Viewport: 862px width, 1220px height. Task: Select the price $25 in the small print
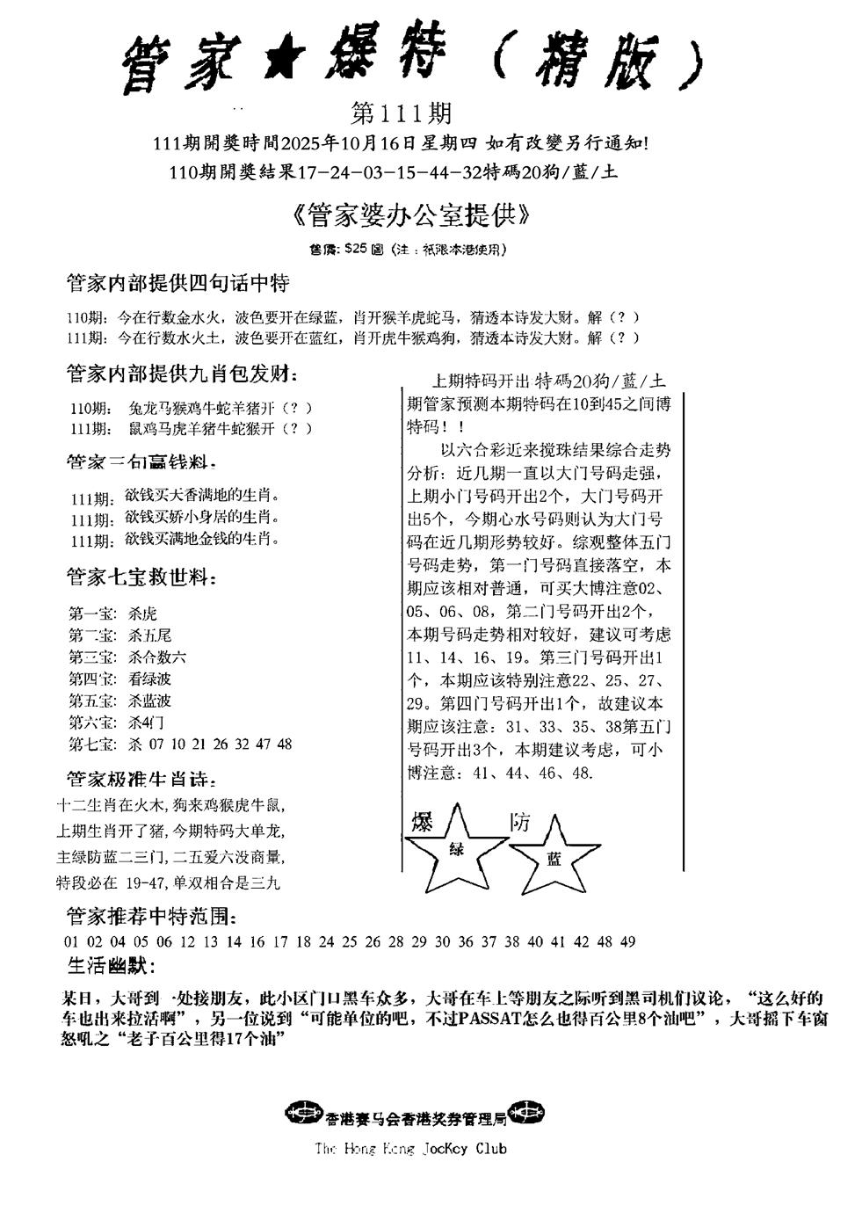click(358, 250)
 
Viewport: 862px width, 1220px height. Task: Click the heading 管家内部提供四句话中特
click(177, 284)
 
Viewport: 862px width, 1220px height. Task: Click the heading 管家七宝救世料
click(141, 577)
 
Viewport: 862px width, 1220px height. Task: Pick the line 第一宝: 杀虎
click(112, 614)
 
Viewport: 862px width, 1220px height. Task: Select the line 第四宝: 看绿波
click(120, 679)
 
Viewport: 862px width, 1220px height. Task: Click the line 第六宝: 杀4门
click(116, 723)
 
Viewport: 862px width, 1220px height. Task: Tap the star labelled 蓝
click(554, 857)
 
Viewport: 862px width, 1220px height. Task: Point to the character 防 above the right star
click(520, 822)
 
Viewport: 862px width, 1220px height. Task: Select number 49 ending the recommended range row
click(627, 942)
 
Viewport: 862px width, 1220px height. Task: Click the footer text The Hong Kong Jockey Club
click(410, 1149)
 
